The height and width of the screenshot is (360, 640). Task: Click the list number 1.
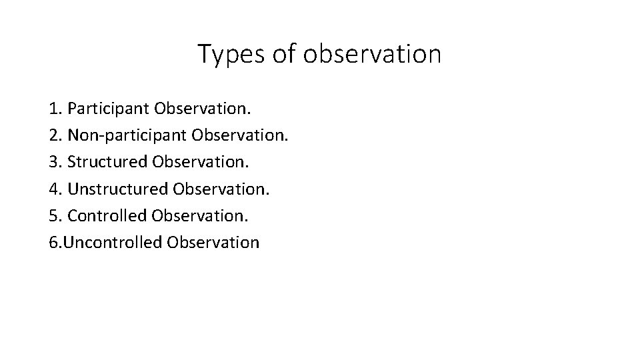[54, 107]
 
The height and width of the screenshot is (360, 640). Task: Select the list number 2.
[54, 135]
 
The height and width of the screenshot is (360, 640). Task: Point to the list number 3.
[54, 161]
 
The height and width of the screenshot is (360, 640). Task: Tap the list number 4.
[54, 189]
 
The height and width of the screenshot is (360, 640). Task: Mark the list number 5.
[54, 215]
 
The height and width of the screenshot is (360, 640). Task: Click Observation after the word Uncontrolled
[213, 242]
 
